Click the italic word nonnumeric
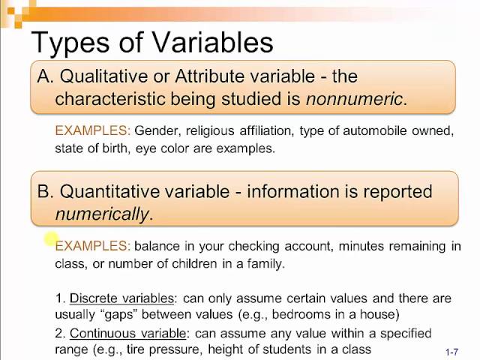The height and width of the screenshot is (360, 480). coord(354,98)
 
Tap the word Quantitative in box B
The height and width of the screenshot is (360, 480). coord(115,191)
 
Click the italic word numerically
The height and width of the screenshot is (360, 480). coord(101,214)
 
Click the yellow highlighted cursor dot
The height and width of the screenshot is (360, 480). coord(50,239)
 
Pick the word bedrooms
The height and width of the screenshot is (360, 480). coord(309,314)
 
